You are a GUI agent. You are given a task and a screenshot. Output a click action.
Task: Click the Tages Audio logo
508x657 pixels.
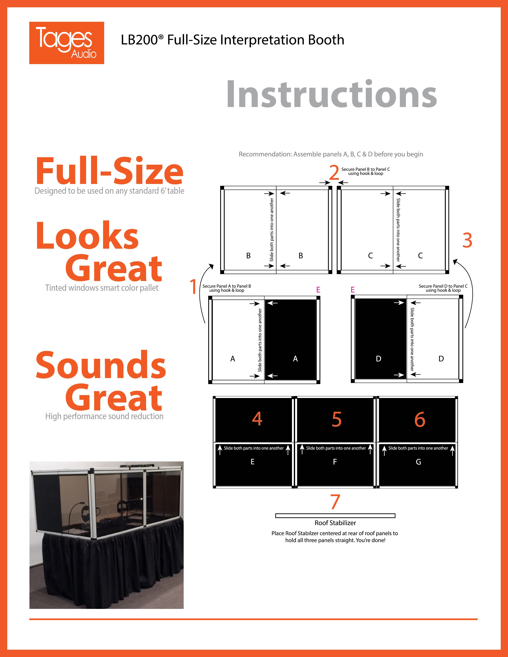click(x=67, y=43)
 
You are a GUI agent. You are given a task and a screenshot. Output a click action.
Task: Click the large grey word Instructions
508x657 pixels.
click(x=331, y=94)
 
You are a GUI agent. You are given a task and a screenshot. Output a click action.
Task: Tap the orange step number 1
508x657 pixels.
click(x=193, y=286)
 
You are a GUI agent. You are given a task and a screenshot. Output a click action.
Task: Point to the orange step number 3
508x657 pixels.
click(x=467, y=240)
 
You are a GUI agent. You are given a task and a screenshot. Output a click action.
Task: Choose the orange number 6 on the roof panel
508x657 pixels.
click(x=420, y=419)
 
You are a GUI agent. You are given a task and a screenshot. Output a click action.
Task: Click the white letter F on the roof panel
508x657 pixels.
click(x=335, y=462)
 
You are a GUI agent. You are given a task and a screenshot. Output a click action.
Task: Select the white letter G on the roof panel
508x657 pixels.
click(x=418, y=462)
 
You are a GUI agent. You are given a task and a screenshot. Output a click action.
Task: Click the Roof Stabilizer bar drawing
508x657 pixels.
click(x=335, y=516)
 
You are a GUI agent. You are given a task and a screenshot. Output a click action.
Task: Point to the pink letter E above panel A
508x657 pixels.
click(x=318, y=290)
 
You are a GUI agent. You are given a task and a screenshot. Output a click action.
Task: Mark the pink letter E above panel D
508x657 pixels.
click(x=353, y=290)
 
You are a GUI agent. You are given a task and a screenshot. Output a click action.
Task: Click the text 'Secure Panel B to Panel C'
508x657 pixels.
click(x=366, y=169)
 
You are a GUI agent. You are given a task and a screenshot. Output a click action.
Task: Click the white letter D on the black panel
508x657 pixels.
click(x=379, y=359)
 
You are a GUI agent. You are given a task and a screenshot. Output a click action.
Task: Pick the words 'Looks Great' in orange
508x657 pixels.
click(x=99, y=251)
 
